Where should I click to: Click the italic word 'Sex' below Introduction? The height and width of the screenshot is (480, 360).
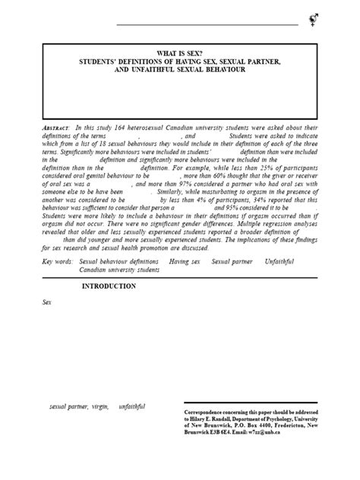tap(46, 301)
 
